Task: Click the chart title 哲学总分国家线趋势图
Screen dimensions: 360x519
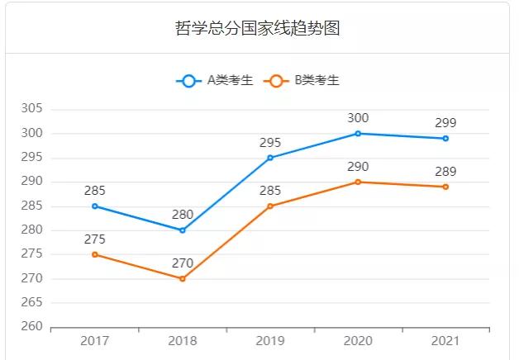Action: click(x=258, y=29)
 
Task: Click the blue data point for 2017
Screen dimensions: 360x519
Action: click(x=95, y=206)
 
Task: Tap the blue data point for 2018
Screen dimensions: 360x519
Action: click(x=183, y=230)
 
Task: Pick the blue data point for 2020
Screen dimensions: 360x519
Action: click(x=358, y=134)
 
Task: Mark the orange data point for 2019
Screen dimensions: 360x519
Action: click(x=270, y=206)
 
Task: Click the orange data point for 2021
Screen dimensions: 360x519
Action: click(x=445, y=187)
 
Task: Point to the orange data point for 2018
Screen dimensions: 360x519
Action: click(x=183, y=279)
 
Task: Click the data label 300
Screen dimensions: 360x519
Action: click(x=358, y=118)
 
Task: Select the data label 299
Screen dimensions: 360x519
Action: click(x=445, y=123)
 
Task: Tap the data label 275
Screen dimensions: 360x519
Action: click(x=95, y=239)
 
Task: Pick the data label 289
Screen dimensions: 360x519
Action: click(x=445, y=172)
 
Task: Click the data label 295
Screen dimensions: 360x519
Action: click(x=270, y=142)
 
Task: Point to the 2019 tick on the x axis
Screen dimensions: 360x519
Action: click(x=270, y=341)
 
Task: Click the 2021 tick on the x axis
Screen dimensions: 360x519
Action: click(x=445, y=341)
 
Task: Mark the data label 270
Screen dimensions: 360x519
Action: click(x=183, y=263)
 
